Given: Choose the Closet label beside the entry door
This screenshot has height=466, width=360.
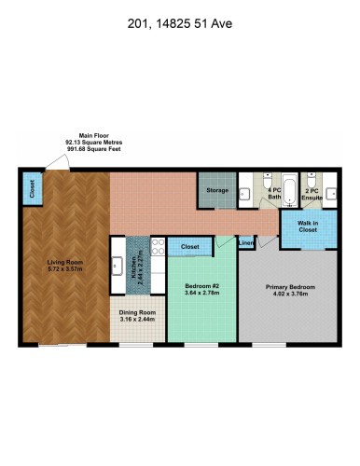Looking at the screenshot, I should pyautogui.click(x=33, y=189).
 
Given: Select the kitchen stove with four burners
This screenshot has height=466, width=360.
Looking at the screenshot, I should pyautogui.click(x=158, y=246).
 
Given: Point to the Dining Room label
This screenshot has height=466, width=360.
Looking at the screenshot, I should pyautogui.click(x=138, y=313).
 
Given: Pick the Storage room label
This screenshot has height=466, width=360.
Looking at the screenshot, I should pyautogui.click(x=217, y=191).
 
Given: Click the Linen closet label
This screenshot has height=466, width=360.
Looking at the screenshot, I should pyautogui.click(x=246, y=243).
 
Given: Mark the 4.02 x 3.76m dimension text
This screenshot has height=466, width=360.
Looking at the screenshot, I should pyautogui.click(x=289, y=294).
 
